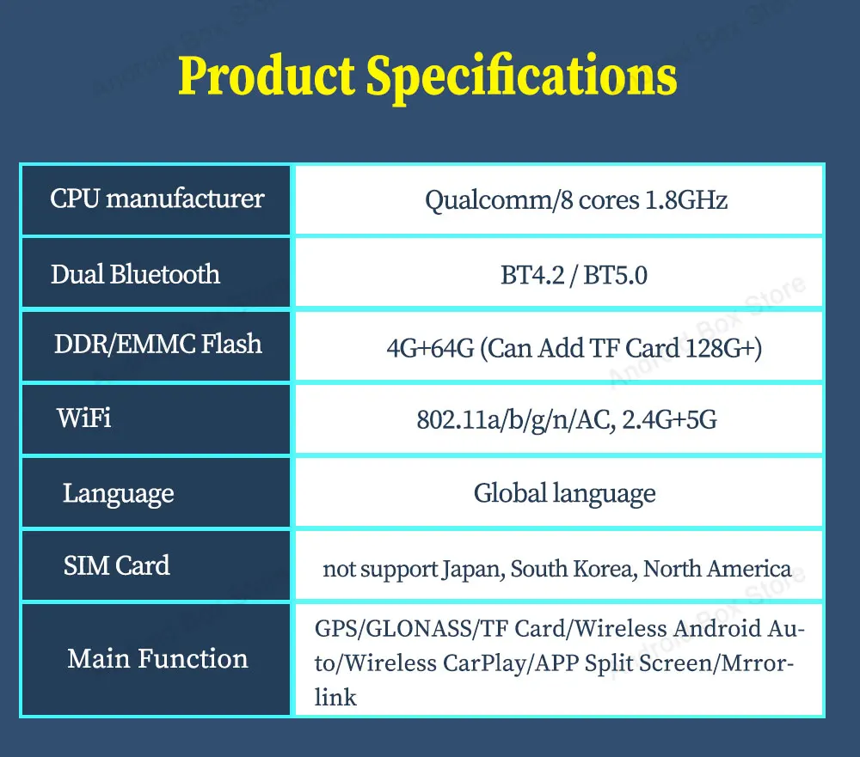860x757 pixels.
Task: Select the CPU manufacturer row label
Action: (x=157, y=198)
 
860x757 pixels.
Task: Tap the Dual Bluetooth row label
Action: (x=135, y=274)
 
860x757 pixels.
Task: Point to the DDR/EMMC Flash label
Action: (x=158, y=345)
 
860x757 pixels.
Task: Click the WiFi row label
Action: (x=83, y=418)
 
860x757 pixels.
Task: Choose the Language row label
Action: (x=118, y=494)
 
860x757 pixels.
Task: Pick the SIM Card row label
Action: (x=116, y=565)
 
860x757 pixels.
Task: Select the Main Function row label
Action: (x=157, y=658)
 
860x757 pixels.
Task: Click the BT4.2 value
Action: (x=532, y=275)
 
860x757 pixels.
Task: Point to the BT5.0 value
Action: (x=615, y=275)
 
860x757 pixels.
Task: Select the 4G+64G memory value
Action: (x=430, y=349)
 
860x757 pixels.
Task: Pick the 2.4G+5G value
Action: (x=670, y=420)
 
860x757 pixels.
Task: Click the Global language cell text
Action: (x=564, y=494)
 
